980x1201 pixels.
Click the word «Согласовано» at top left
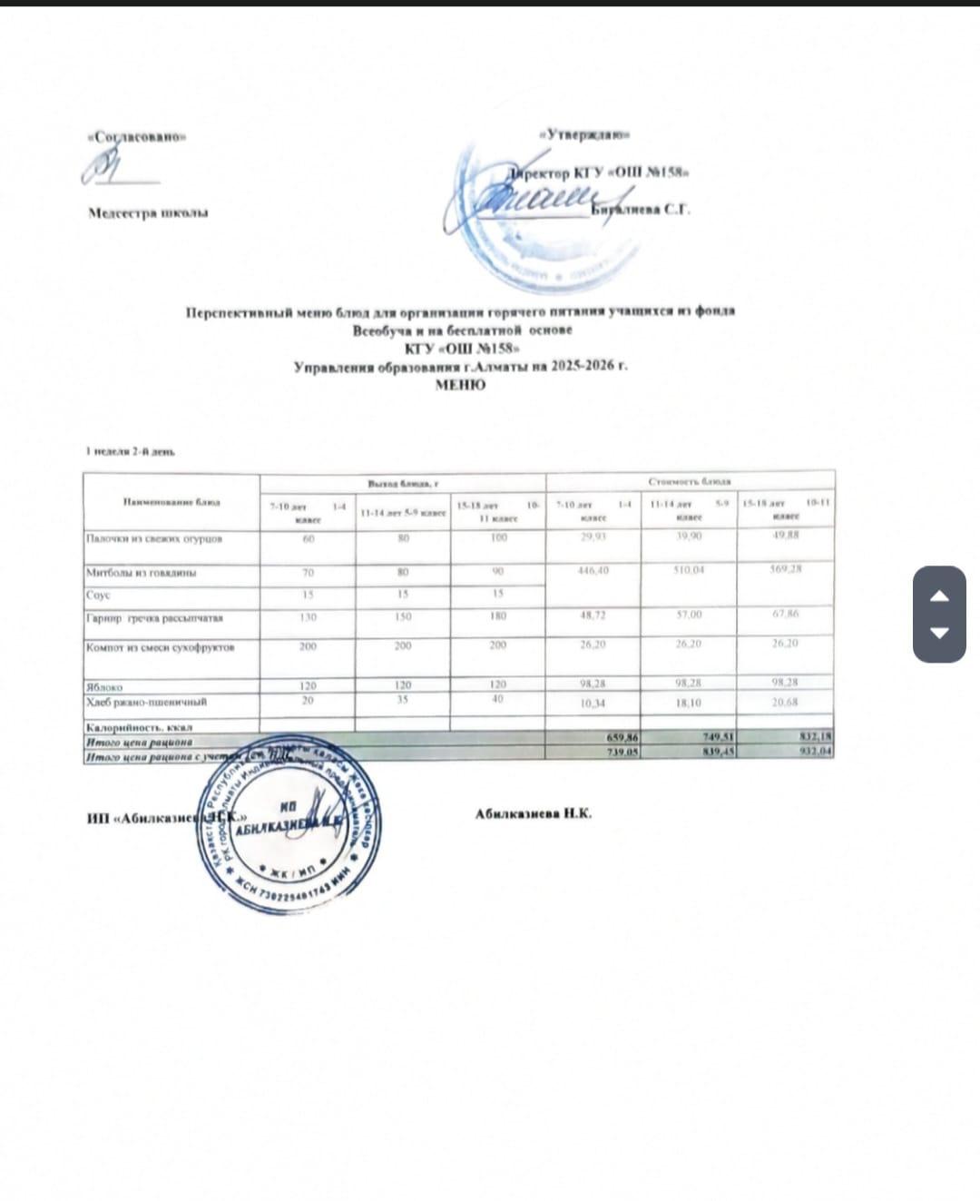coord(136,137)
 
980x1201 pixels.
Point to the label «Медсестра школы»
coord(148,213)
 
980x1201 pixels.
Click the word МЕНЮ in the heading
coord(460,385)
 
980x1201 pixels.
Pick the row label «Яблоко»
coord(104,687)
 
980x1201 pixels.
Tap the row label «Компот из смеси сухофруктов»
coord(161,647)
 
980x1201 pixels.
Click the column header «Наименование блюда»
coord(171,501)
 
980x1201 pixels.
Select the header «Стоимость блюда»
coord(690,481)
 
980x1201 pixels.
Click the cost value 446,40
coord(593,570)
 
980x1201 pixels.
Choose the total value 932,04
coord(816,752)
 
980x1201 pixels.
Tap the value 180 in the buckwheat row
coord(498,616)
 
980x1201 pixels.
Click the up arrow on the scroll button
coord(939,596)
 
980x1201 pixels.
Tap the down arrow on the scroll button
coord(939,632)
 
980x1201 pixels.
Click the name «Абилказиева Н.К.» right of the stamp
coord(533,813)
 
